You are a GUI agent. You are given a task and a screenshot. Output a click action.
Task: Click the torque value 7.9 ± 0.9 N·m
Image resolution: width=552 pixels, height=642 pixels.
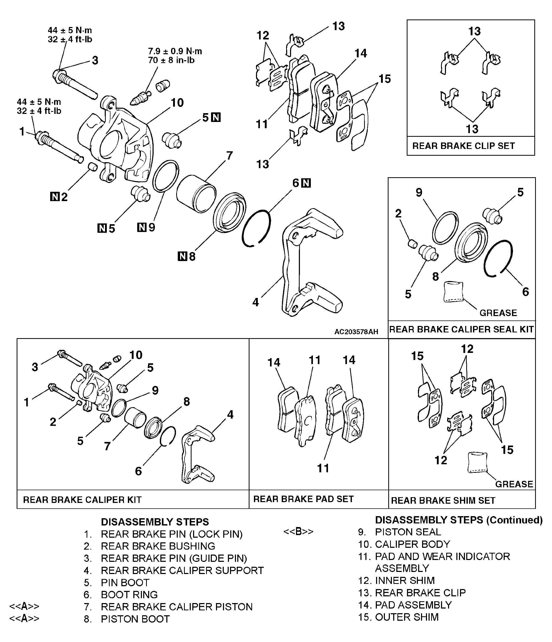(x=175, y=51)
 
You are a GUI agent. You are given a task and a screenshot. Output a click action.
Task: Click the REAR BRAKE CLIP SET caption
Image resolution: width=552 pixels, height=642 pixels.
(x=463, y=146)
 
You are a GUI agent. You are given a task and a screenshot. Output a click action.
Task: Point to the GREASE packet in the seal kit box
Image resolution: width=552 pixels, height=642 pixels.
(x=453, y=292)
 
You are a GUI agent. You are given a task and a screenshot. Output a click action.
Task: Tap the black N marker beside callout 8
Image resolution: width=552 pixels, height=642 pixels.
(x=182, y=256)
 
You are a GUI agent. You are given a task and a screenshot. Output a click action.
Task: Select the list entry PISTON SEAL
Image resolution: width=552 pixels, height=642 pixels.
(x=408, y=532)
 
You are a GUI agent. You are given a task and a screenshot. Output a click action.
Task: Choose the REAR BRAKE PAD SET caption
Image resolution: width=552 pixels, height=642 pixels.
(x=303, y=499)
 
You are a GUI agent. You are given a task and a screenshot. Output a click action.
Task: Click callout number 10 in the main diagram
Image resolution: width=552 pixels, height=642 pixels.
(x=177, y=103)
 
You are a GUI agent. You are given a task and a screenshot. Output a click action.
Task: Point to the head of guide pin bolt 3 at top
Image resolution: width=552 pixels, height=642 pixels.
(x=59, y=75)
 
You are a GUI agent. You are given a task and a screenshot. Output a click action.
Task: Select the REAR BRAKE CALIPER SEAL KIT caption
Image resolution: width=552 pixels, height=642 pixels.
(x=461, y=329)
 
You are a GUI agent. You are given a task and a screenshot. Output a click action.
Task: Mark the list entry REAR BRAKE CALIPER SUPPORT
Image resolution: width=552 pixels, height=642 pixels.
(x=182, y=570)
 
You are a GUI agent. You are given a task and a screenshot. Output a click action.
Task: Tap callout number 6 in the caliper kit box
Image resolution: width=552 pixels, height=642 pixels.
(x=138, y=471)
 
